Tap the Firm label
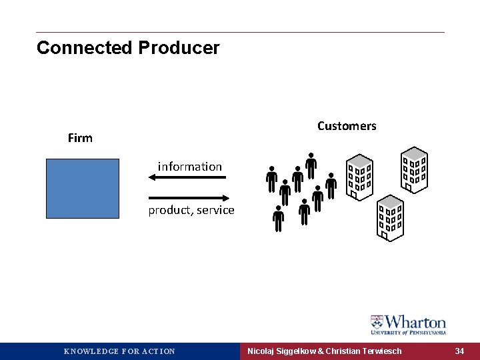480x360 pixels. [80, 138]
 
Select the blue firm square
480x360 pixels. [83, 188]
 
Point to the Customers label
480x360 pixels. [347, 126]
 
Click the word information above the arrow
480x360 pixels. [190, 167]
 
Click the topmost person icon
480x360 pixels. [311, 165]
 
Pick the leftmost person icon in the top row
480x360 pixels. [272, 178]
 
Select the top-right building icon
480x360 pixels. [414, 168]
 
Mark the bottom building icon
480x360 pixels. [390, 217]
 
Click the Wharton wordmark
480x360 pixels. [415, 322]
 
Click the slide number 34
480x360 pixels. [459, 351]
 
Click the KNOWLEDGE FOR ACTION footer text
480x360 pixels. [119, 351]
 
